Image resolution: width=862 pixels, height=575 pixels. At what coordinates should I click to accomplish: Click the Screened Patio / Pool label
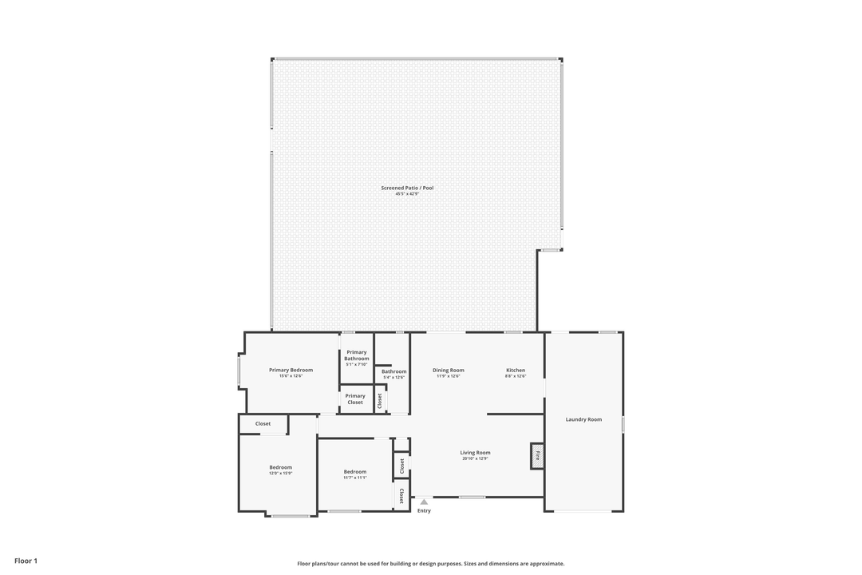pos(407,188)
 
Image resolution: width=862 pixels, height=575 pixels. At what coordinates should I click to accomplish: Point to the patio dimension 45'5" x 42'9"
pos(407,194)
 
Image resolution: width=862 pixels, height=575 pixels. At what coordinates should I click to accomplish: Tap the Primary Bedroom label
pos(291,370)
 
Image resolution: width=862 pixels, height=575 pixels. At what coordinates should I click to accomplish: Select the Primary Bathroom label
pos(357,355)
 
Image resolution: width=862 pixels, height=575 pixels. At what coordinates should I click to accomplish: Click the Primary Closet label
pos(355,399)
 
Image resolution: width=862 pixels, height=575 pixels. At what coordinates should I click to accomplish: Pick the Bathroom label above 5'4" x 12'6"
pos(393,371)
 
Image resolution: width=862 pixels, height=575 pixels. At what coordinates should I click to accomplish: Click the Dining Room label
pos(449,370)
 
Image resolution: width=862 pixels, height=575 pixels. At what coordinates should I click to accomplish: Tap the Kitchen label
pos(516,370)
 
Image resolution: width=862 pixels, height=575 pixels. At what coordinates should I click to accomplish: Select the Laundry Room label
pos(583,419)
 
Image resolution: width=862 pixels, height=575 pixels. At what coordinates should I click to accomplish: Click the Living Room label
pos(475,453)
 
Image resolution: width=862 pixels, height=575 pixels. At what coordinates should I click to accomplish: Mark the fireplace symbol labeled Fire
pos(537,457)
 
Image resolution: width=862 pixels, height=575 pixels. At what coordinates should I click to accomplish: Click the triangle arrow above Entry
pos(424,502)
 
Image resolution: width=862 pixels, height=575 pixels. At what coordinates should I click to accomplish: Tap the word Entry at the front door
pos(424,511)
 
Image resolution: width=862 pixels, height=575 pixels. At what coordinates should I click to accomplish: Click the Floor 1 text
pos(26,561)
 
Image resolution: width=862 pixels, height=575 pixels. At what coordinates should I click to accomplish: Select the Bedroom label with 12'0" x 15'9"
pos(280,467)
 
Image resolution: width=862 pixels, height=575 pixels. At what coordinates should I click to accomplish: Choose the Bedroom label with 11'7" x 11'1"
pos(355,471)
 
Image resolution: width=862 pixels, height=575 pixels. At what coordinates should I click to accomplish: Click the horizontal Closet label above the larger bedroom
pos(263,423)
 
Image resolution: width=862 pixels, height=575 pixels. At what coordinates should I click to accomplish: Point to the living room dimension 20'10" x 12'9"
pos(475,459)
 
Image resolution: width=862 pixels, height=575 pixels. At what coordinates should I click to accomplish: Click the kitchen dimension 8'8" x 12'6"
pos(516,376)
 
